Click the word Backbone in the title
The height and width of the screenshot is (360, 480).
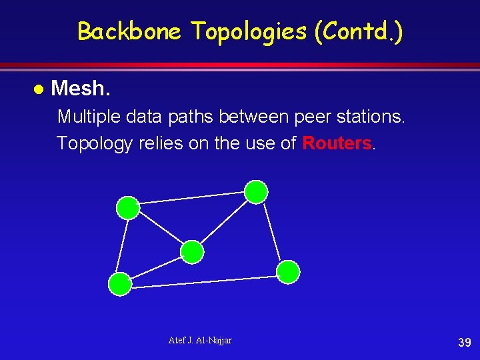coord(129,31)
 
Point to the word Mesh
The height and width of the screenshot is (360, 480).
coord(80,88)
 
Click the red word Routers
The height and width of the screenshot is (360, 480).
coord(337,143)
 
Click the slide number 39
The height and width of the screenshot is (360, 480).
coord(465,343)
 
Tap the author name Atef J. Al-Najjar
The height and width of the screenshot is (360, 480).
coord(200,341)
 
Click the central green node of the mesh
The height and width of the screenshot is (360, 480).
coord(192,252)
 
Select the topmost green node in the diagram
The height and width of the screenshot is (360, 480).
coord(256,192)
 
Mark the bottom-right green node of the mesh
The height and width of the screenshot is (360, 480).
coord(288,272)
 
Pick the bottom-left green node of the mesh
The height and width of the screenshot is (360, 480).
coord(120,284)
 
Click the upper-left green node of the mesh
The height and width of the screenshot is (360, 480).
coord(128,208)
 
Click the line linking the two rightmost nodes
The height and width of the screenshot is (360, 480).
coord(272,232)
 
